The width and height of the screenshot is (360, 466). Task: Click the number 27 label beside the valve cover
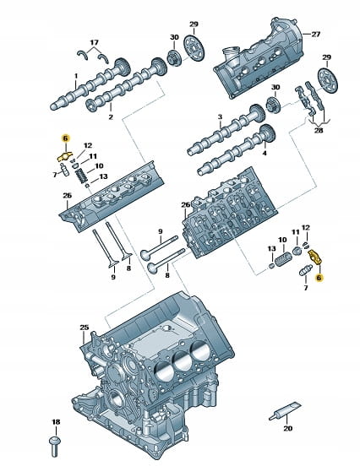(316, 34)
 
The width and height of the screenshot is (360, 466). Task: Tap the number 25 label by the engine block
(85, 328)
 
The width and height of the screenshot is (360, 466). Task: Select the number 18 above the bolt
(56, 422)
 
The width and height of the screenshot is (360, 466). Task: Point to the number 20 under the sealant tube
(288, 428)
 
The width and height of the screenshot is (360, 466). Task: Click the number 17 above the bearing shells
(95, 42)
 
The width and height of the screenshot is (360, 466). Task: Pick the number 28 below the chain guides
(319, 130)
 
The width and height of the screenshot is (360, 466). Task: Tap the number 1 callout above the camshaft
(76, 76)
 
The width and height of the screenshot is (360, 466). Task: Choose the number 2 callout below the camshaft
(111, 117)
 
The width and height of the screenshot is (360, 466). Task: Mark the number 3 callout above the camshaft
(220, 116)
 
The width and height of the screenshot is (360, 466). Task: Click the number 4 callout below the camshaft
(265, 153)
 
